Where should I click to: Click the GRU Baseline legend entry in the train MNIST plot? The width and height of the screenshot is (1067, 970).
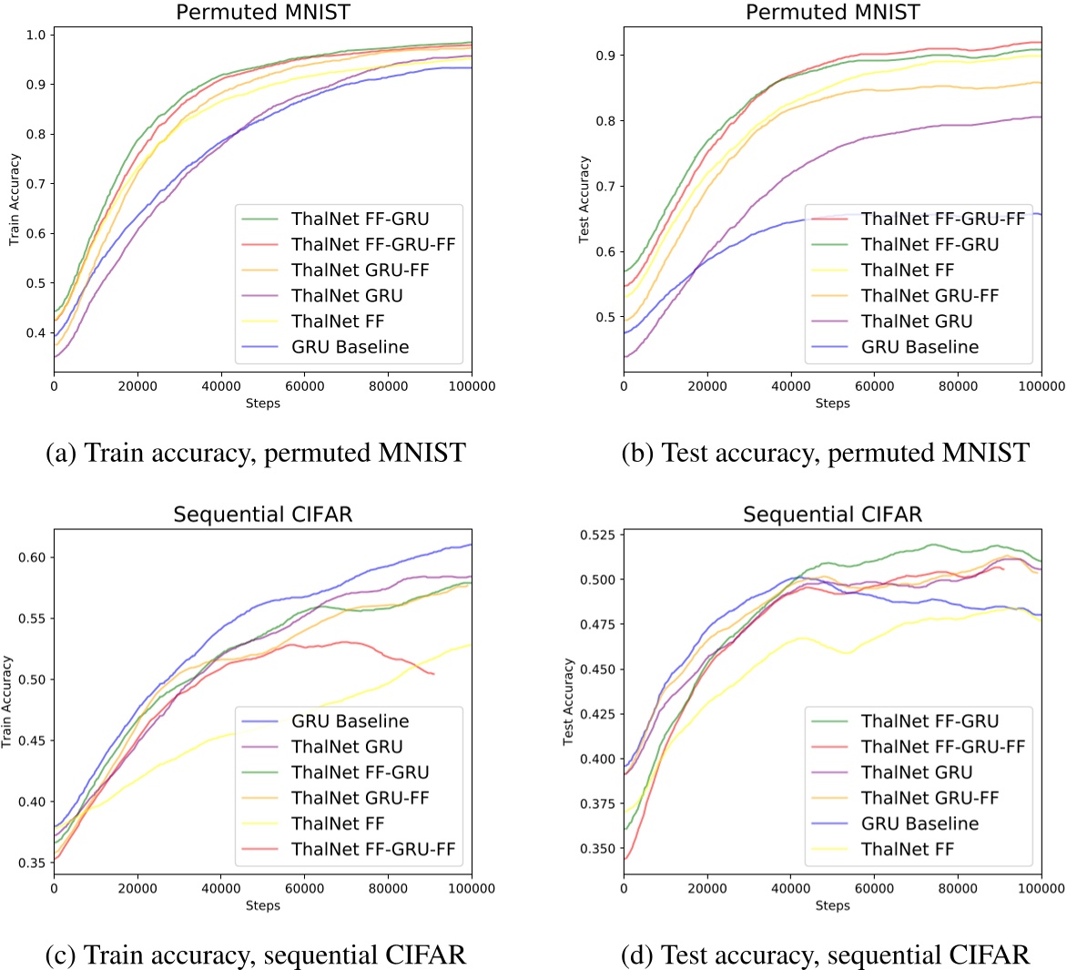350,347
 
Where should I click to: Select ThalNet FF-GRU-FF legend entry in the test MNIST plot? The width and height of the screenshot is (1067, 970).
943,220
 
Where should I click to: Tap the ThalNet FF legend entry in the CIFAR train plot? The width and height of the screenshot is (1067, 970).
338,823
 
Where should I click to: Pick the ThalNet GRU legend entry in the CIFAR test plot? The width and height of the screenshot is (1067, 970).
917,772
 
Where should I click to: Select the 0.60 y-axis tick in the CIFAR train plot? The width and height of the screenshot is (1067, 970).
33,557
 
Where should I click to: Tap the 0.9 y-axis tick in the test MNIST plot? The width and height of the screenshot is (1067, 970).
606,56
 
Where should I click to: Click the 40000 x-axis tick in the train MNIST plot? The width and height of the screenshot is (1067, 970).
220,386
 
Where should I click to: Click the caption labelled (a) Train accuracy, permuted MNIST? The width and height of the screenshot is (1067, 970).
256,452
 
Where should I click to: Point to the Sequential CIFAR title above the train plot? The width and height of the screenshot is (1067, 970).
262,514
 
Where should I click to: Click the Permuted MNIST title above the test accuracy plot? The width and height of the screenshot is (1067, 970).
832,12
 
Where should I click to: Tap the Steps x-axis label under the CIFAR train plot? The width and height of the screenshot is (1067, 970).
262,905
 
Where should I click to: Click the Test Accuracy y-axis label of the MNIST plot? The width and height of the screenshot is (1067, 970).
584,199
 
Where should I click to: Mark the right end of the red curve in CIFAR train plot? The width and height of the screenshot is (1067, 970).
434,674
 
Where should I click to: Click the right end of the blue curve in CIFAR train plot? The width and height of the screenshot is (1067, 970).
471,545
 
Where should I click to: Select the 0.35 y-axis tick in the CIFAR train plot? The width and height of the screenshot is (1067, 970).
33,863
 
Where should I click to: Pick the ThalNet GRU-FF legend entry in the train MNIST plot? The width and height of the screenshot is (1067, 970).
360,271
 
